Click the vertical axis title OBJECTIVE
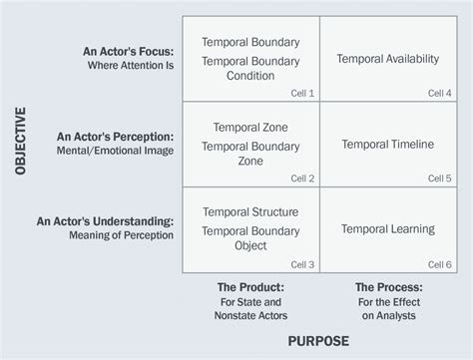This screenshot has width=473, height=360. click(21, 145)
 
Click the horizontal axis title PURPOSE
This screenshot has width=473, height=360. click(318, 341)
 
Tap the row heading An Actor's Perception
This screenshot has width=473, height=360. click(117, 136)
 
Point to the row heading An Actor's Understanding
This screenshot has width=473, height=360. click(106, 220)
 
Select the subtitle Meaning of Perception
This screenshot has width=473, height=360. click(122, 235)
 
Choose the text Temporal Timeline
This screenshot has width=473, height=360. click(388, 144)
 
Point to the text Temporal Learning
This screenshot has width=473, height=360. click(388, 228)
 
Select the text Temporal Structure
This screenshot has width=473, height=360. click(250, 211)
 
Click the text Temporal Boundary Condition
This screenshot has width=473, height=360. click(250, 69)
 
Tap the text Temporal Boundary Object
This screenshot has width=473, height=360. click(250, 239)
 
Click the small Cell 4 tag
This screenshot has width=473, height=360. click(439, 93)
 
